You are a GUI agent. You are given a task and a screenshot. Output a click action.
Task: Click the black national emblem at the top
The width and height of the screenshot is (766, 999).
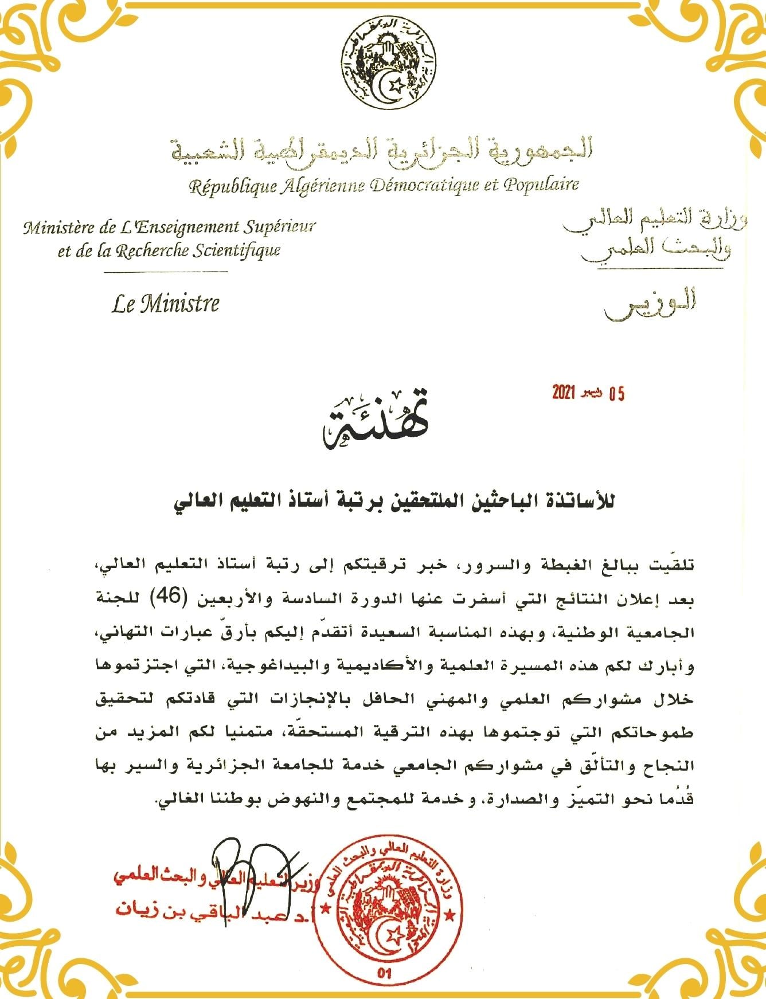pyautogui.click(x=387, y=65)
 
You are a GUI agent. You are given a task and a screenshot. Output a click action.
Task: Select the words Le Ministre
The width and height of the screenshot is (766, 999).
pyautogui.click(x=165, y=303)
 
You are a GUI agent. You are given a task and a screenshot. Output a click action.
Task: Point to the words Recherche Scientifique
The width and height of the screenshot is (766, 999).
pyautogui.click(x=198, y=251)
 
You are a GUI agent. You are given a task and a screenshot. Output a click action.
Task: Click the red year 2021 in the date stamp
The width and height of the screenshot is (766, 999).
pyautogui.click(x=563, y=393)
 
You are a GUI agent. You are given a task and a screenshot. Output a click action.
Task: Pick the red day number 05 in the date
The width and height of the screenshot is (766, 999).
pyautogui.click(x=616, y=394)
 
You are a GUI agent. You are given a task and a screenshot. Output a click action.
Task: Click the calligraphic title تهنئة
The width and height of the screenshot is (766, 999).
pyautogui.click(x=376, y=421)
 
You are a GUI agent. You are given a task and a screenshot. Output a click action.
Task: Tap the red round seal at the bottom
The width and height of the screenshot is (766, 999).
pyautogui.click(x=388, y=912)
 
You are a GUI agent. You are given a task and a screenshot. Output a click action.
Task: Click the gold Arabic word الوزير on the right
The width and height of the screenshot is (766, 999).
pyautogui.click(x=650, y=303)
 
